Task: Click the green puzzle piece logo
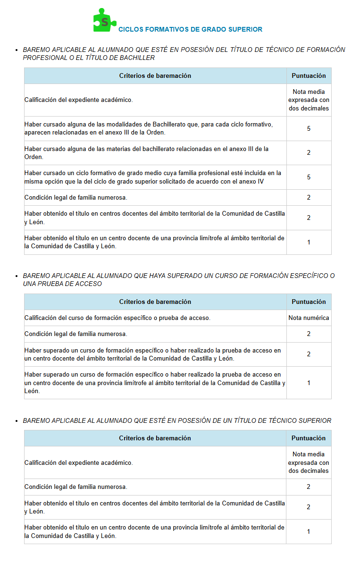pos(103,21)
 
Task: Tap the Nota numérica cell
pos(309,318)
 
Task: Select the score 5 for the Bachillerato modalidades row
pos(309,128)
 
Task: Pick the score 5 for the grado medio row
pos(309,177)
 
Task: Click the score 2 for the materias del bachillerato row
pos(309,152)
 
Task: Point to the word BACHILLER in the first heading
pos(137,58)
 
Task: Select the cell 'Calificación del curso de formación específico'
pos(117,318)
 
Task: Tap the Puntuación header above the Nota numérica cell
pos(309,302)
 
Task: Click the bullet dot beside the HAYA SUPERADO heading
pos(17,276)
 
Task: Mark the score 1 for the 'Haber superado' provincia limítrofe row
pos(309,383)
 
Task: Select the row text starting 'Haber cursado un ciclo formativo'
pos(152,177)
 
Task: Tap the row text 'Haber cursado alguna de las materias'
pos(146,152)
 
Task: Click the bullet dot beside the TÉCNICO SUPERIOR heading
pos(17,421)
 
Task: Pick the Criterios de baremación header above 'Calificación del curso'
pos(155,302)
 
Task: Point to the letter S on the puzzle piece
pos(105,22)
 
